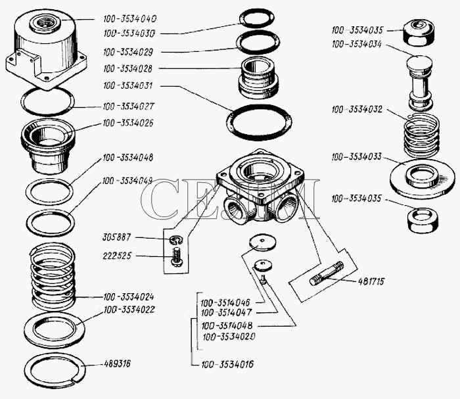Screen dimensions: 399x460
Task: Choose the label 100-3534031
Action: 129,85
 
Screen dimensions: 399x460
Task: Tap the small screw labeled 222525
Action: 175,256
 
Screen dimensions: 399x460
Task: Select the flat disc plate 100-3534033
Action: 420,175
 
